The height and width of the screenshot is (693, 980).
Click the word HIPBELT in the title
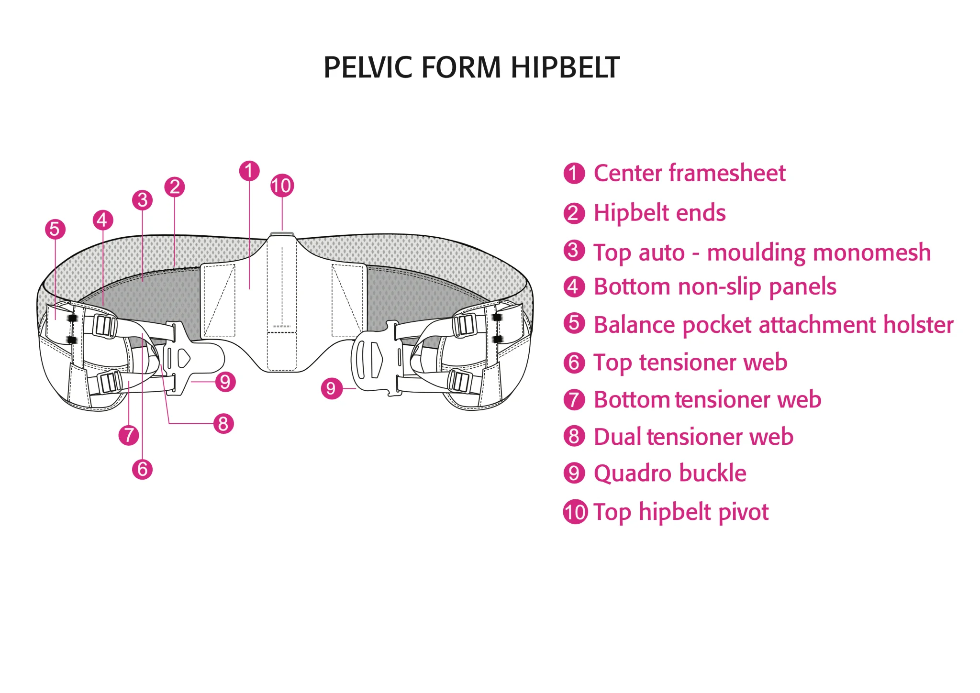[565, 67]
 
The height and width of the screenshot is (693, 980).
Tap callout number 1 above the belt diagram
[249, 171]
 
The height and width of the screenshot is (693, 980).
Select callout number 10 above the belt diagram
[282, 186]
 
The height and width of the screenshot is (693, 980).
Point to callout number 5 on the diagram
[55, 229]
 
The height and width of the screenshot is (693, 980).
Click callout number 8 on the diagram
[223, 424]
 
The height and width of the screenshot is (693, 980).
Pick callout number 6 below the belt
[142, 469]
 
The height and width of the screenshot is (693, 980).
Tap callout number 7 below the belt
[128, 435]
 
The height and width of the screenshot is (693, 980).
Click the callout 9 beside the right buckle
[331, 388]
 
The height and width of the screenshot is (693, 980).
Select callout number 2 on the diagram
[175, 187]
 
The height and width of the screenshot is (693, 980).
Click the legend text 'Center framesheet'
[689, 173]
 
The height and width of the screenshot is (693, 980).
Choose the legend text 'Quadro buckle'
[669, 473]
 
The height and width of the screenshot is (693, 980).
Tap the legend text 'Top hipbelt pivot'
[680, 512]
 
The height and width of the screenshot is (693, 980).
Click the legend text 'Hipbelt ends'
[659, 213]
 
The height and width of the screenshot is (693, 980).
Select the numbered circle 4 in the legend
[574, 287]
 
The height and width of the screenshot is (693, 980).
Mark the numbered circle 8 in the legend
[574, 436]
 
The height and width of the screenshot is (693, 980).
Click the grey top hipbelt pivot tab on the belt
[282, 234]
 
